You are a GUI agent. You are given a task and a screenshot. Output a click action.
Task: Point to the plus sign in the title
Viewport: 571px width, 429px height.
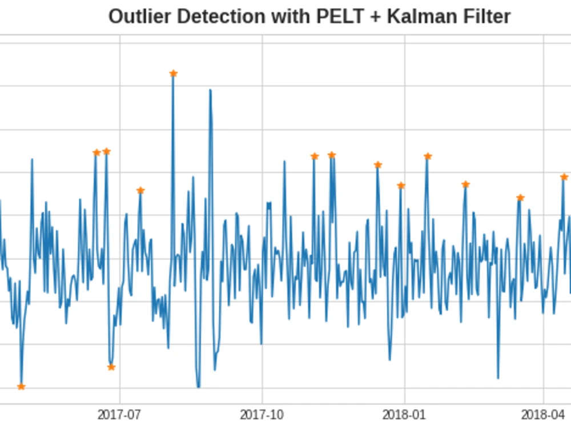coord(373,17)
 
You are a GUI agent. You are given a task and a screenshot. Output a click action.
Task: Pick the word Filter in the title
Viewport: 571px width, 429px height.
coord(483,17)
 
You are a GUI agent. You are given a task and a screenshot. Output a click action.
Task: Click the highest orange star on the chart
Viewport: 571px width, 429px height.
coord(174,74)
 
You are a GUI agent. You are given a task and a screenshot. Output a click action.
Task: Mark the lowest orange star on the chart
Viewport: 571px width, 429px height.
coord(21,387)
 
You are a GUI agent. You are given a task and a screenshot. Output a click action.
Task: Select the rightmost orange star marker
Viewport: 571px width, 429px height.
coord(564,177)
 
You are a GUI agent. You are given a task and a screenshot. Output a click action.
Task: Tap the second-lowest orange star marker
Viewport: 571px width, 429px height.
coord(111,367)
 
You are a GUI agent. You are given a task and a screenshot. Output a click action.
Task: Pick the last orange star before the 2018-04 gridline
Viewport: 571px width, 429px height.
coord(520,198)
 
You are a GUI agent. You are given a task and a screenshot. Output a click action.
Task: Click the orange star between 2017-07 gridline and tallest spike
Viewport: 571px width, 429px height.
coord(140,191)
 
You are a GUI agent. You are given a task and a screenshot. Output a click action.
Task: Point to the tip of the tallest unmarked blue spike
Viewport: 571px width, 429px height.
coord(210,90)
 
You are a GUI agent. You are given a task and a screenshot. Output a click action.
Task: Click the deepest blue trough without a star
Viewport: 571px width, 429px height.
coord(199,387)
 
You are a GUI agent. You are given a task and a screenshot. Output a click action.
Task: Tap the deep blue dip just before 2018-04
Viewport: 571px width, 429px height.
coord(498,378)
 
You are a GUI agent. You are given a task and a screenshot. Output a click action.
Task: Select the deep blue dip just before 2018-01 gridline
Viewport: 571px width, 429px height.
coord(390,360)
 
